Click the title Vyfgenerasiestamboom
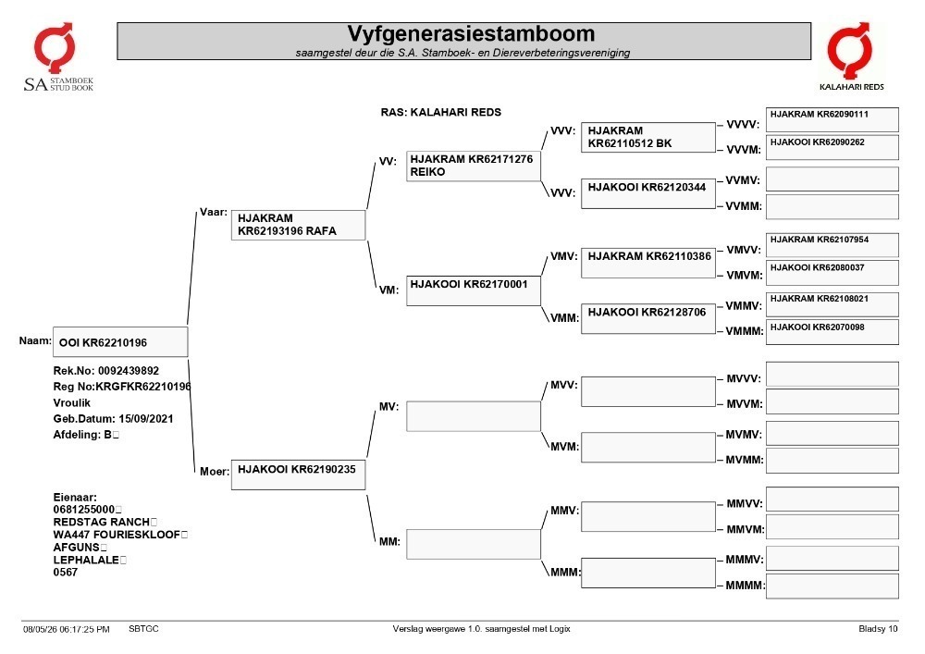[x=471, y=33]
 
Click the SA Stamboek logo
[x=57, y=57]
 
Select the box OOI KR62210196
[x=120, y=342]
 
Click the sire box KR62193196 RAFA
[x=298, y=225]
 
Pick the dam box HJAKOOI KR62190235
[x=298, y=475]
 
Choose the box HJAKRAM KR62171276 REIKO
[x=473, y=166]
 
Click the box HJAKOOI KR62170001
[x=473, y=290]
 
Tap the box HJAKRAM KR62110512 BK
[x=648, y=138]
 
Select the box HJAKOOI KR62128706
[x=648, y=318]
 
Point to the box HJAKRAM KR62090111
[x=832, y=119]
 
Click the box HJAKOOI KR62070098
[x=832, y=332]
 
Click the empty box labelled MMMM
[x=832, y=586]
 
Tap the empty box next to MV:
[x=473, y=416]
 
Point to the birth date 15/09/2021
[x=146, y=419]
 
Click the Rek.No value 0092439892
[x=129, y=371]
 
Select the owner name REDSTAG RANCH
[x=101, y=522]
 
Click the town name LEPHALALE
[x=86, y=560]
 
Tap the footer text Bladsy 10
[x=878, y=629]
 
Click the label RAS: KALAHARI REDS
[x=440, y=112]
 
